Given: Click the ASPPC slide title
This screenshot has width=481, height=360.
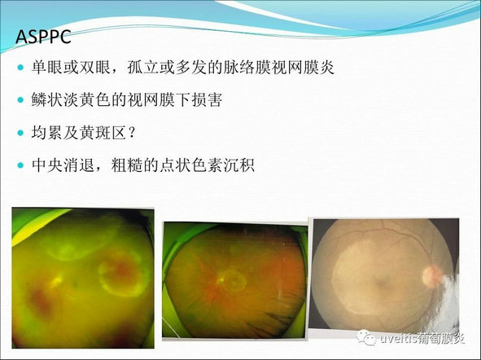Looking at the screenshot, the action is pyautogui.click(x=43, y=37).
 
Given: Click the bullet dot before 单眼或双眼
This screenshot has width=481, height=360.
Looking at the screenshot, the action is pyautogui.click(x=20, y=68).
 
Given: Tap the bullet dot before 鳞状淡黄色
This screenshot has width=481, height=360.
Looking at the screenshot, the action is pyautogui.click(x=20, y=99).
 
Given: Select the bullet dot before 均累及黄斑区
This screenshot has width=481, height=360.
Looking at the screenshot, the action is pyautogui.click(x=20, y=133).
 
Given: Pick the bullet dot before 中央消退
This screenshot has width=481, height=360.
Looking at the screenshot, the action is pyautogui.click(x=20, y=165).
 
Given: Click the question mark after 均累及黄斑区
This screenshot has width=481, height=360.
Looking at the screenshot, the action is pyautogui.click(x=132, y=133).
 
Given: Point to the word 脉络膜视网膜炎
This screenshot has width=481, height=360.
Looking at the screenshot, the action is pyautogui.click(x=278, y=68).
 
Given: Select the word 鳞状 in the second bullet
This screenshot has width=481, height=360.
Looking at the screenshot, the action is pyautogui.click(x=47, y=99).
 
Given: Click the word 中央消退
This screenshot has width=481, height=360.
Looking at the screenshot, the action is pyautogui.click(x=63, y=165).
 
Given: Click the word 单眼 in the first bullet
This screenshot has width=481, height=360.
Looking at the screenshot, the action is pyautogui.click(x=47, y=68).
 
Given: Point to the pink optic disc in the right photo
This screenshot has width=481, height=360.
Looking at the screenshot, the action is pyautogui.click(x=431, y=275).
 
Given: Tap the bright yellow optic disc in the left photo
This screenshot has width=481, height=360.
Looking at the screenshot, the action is pyautogui.click(x=57, y=280).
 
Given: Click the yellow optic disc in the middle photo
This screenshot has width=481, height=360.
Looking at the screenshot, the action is pyautogui.click(x=221, y=279).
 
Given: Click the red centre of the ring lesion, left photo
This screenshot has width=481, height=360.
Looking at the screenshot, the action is pyautogui.click(x=123, y=271).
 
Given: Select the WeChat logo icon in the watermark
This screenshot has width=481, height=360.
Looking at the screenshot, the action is pyautogui.click(x=366, y=337).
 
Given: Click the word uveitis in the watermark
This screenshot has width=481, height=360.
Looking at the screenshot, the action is pyautogui.click(x=398, y=338).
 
